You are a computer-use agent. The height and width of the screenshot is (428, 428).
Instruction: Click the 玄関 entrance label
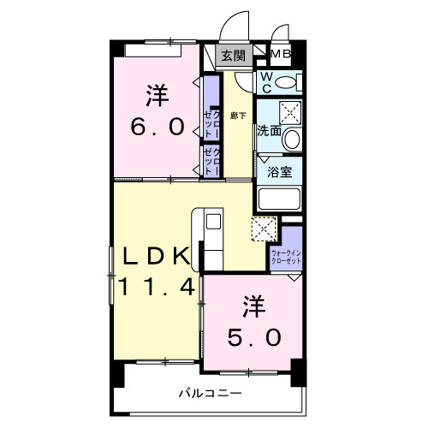(x=231, y=57)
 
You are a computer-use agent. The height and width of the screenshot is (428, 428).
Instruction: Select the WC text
(x=266, y=82)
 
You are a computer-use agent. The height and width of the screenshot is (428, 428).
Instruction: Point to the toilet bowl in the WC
(x=289, y=83)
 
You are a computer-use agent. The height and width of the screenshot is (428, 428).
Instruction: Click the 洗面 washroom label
(x=269, y=131)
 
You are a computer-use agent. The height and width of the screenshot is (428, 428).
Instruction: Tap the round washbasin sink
(x=292, y=139)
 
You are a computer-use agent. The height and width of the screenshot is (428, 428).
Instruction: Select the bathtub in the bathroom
(x=279, y=200)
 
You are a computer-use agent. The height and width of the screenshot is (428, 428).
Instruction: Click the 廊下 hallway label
(x=238, y=115)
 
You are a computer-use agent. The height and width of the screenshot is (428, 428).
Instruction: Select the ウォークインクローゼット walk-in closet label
(x=286, y=256)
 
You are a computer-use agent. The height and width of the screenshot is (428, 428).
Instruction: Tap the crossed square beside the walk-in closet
(x=264, y=229)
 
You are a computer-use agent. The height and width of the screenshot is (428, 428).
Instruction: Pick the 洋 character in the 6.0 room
(x=158, y=93)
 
